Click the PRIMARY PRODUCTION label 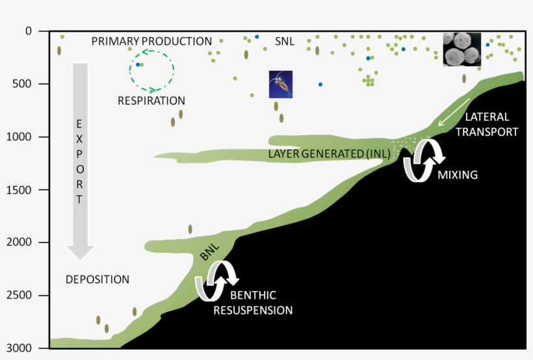pyautogui.click(x=151, y=42)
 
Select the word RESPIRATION pyautogui.click(x=151, y=101)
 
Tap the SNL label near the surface pyautogui.click(x=285, y=42)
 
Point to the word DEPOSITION pyautogui.click(x=97, y=279)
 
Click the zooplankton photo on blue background pyautogui.click(x=281, y=84)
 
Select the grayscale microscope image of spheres pyautogui.click(x=462, y=49)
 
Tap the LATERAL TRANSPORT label pyautogui.click(x=492, y=124)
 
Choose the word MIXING pyautogui.click(x=458, y=175)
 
